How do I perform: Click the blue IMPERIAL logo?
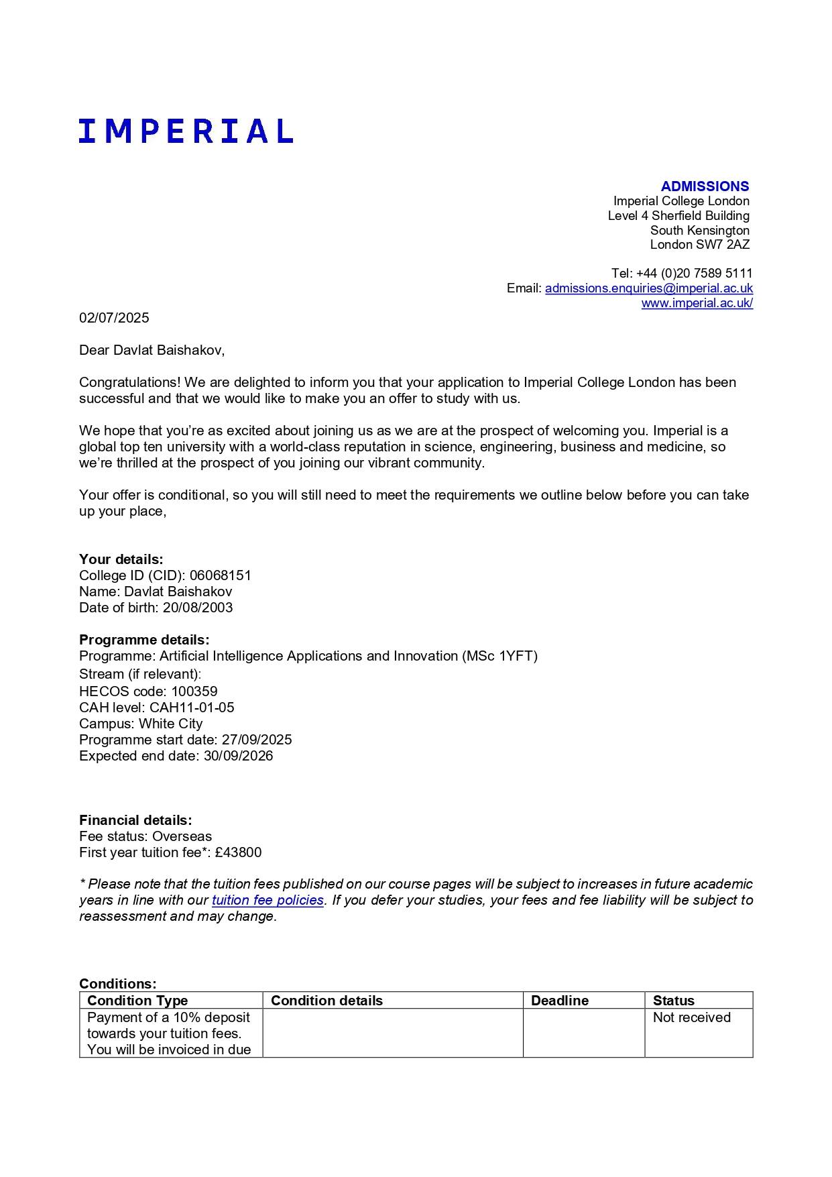click(186, 131)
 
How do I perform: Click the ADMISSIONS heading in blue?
click(705, 186)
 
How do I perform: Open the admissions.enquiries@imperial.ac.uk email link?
click(648, 288)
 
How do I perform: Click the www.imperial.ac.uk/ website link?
click(697, 303)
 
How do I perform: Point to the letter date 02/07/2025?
click(114, 318)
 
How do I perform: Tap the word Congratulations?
click(130, 383)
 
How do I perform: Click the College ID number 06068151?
click(220, 575)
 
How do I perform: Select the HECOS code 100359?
click(194, 691)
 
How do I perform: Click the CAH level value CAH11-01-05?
click(192, 708)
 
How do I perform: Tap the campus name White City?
click(170, 724)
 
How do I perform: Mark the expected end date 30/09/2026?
click(238, 756)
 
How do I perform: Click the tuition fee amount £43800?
click(238, 852)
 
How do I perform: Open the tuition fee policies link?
click(268, 900)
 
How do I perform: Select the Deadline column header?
click(559, 1001)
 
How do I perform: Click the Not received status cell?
click(691, 1017)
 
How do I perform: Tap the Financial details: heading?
click(135, 820)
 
